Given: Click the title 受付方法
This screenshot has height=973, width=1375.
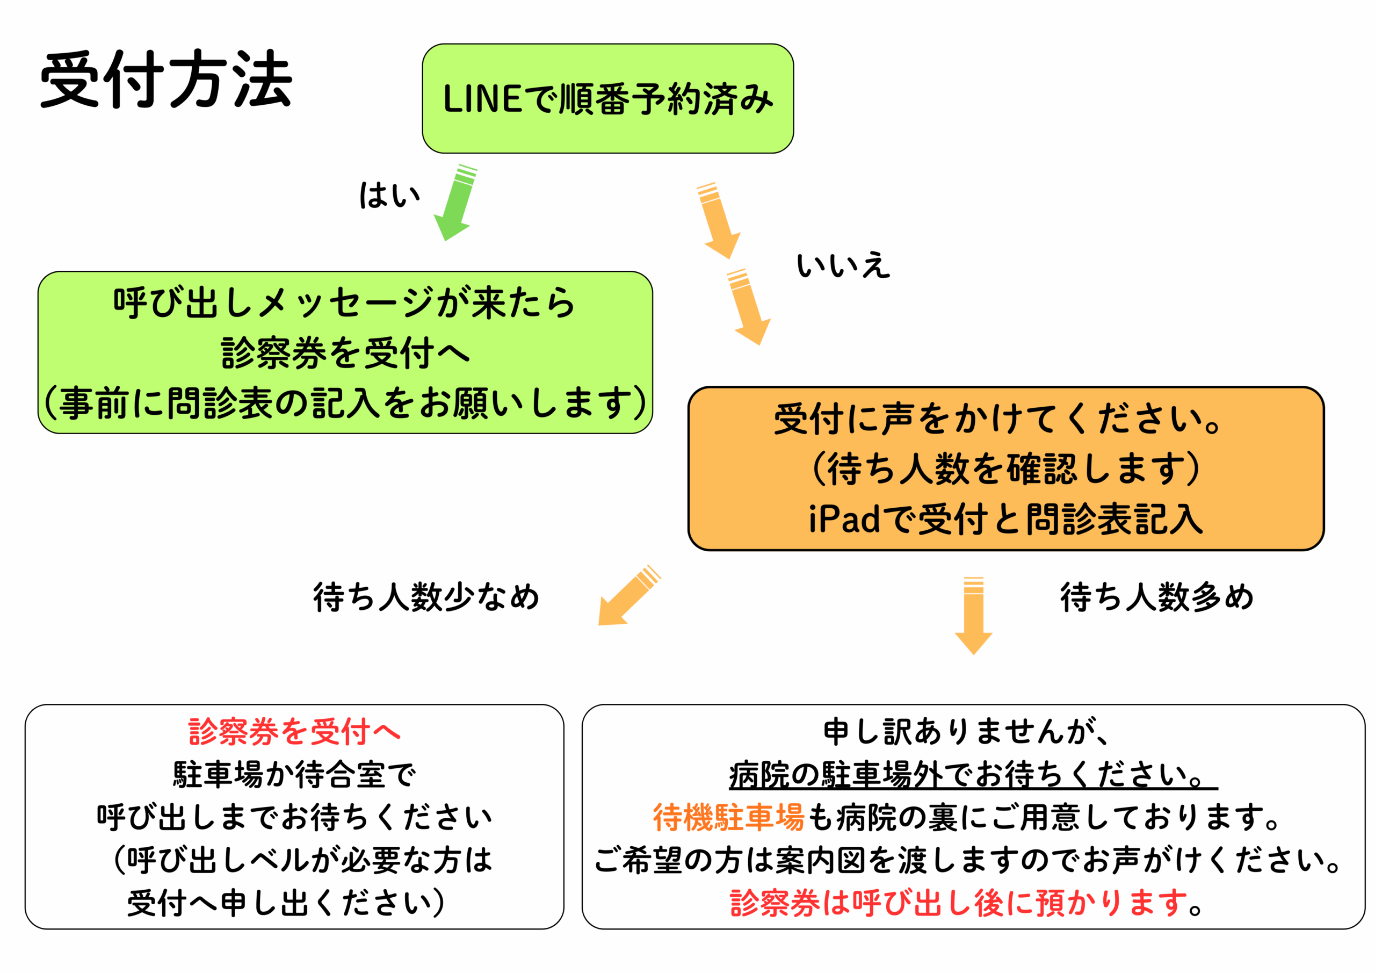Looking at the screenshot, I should [x=166, y=79].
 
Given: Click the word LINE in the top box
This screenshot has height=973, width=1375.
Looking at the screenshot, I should [x=482, y=99].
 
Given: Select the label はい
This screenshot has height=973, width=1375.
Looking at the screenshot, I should [x=389, y=196].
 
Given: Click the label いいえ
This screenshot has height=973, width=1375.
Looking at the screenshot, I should [x=843, y=265].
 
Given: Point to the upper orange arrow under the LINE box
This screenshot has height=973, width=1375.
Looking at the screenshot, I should [x=719, y=221].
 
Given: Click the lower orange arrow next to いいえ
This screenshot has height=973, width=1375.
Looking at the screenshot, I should [x=749, y=307].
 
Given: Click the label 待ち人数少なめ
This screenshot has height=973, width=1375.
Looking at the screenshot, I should [x=426, y=597].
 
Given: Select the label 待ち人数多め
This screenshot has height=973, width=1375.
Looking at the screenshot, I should [x=1157, y=597].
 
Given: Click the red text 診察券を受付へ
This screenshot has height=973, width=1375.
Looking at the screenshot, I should [x=294, y=732].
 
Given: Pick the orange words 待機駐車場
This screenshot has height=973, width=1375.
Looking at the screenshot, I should [x=728, y=817].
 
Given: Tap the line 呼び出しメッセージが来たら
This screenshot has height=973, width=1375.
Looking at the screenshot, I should [x=345, y=302].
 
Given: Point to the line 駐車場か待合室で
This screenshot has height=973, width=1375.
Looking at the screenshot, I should [x=294, y=774].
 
